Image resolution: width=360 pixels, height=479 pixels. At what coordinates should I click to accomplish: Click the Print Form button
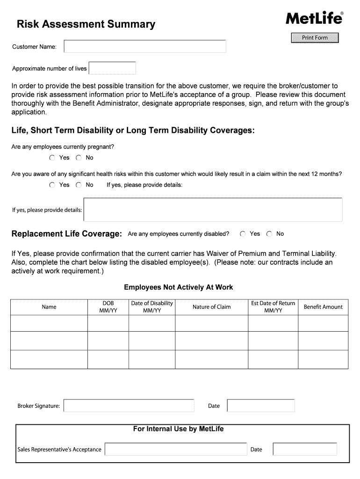coord(315,38)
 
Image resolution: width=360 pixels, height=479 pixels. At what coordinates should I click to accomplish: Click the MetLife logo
coord(314,18)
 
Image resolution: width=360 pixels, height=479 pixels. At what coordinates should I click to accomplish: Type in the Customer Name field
coord(145,46)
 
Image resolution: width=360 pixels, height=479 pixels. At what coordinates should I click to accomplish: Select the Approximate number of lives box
coord(112,68)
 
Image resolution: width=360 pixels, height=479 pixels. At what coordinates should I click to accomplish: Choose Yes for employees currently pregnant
coord(52,158)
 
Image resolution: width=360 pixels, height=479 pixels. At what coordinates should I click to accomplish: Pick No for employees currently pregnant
coord(79,158)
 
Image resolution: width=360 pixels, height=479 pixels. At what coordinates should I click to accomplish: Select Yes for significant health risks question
coord(52,185)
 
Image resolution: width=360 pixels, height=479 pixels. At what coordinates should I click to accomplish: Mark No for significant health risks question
coord(79,185)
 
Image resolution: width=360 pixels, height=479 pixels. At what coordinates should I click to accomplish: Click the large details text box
coord(213,210)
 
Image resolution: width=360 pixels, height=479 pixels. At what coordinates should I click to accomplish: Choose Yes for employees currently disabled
coord(243,234)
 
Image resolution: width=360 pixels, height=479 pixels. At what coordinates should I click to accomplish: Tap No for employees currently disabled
coord(269,234)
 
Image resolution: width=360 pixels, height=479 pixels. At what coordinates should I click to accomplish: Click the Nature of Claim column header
coord(211,307)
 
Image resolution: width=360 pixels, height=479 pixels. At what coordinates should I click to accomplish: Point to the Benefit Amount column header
coord(323,307)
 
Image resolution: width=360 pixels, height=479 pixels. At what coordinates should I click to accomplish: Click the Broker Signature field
coord(129,406)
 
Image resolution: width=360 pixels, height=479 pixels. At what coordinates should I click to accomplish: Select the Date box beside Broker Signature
coord(261,406)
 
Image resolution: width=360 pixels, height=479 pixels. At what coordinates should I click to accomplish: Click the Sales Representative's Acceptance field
coord(176,450)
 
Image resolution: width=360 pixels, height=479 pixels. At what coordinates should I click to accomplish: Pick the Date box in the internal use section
coord(305,450)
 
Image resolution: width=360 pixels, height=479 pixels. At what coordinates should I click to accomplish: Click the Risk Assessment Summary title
coord(86,24)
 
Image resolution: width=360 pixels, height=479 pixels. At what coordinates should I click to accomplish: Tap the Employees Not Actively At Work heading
coord(178,287)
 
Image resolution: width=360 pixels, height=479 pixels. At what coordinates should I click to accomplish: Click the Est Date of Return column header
coord(273,307)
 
